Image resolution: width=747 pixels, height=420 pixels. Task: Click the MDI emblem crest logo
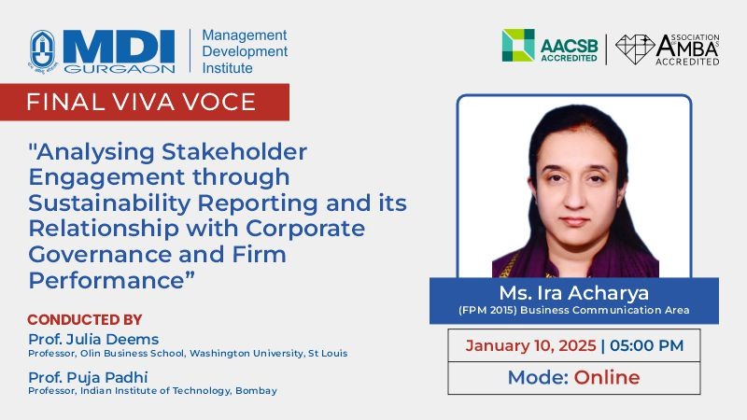click(x=43, y=51)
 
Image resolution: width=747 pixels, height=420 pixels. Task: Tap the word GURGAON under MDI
click(x=120, y=69)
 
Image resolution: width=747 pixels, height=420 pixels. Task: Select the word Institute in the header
click(x=227, y=68)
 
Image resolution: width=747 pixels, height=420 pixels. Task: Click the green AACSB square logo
click(x=518, y=45)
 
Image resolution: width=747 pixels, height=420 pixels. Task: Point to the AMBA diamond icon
click(x=635, y=49)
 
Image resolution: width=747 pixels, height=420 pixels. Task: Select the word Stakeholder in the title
click(x=234, y=152)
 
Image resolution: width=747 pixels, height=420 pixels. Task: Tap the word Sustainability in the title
click(x=109, y=203)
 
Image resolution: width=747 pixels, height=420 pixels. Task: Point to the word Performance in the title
click(x=106, y=279)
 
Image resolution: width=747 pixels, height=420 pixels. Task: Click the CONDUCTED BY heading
click(x=85, y=319)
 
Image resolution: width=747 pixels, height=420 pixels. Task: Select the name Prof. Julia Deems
click(x=93, y=339)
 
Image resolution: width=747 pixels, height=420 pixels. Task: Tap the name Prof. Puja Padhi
click(x=88, y=377)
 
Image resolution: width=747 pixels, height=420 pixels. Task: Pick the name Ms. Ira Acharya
click(x=574, y=293)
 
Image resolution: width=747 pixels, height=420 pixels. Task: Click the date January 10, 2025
click(x=530, y=345)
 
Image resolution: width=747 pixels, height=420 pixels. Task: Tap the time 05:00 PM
click(x=646, y=345)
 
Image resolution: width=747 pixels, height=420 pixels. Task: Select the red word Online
click(x=607, y=377)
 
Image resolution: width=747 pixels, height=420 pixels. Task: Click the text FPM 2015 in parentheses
click(x=487, y=310)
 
